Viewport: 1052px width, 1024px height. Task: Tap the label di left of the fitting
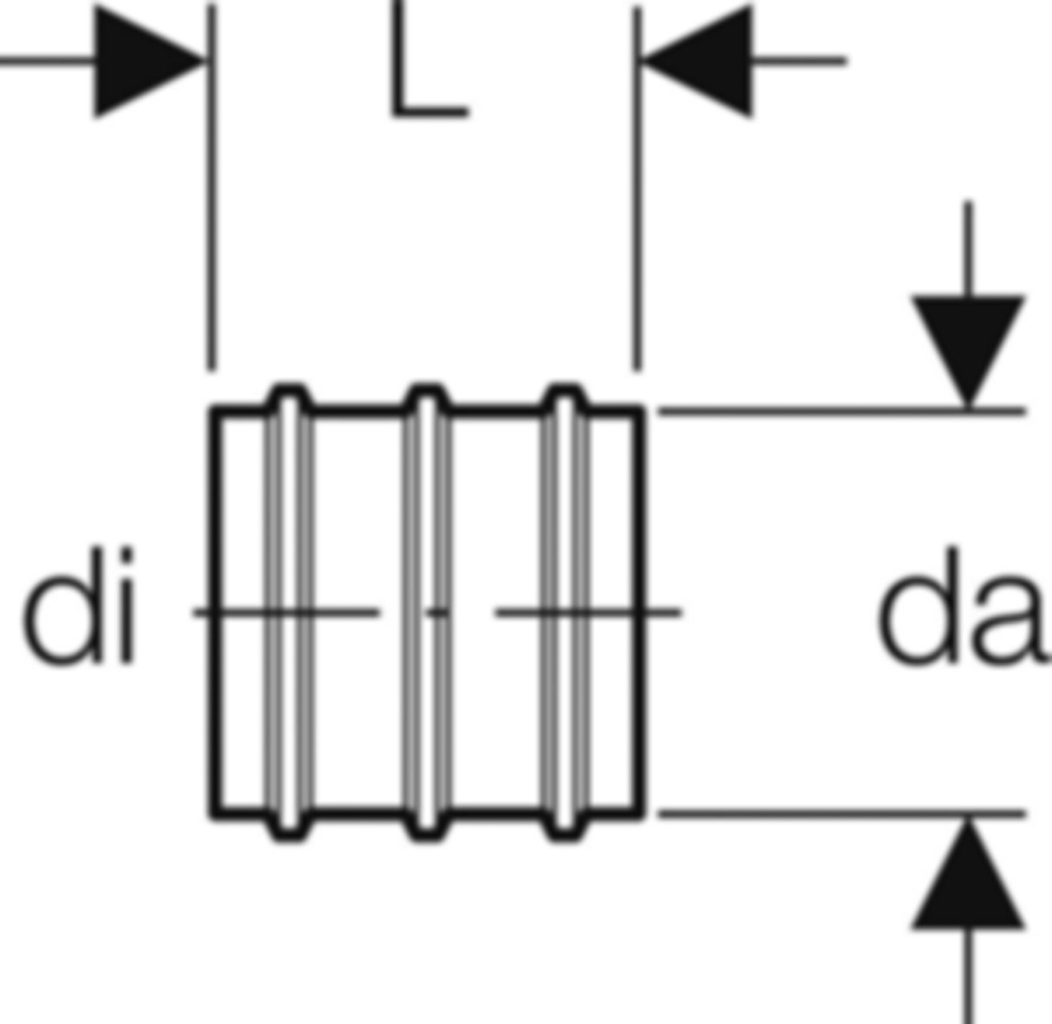click(x=79, y=606)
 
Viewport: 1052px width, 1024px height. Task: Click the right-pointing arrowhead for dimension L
click(x=143, y=60)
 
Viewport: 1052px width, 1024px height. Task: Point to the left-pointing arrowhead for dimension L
click(x=701, y=60)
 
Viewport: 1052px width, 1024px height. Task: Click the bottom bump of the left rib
click(x=289, y=832)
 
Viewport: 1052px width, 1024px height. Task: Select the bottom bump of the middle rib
click(x=428, y=832)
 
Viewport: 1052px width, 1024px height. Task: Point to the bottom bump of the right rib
click(x=565, y=832)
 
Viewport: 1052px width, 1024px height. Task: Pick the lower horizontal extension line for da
click(x=842, y=814)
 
